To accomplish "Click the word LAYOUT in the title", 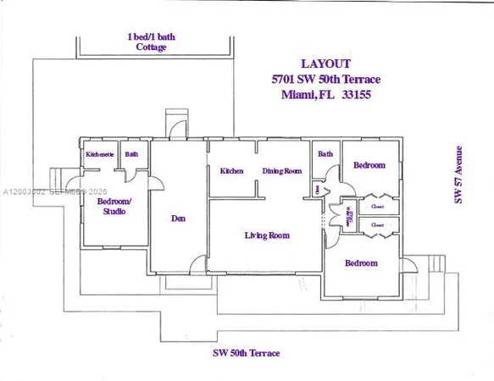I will tap(325, 63).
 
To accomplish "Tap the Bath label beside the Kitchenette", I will tap(132, 155).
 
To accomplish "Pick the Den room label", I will tap(178, 218).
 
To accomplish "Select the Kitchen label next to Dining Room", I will tap(232, 171).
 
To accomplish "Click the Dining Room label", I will tap(281, 171).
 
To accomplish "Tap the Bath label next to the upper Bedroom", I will tap(325, 154).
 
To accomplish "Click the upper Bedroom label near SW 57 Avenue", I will tap(369, 165).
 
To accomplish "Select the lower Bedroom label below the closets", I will tap(361, 263).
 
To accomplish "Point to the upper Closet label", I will tap(377, 206).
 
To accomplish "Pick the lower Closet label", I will tap(377, 225).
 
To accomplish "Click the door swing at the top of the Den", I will tap(175, 129).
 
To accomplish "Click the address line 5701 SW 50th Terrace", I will tap(325, 79).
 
